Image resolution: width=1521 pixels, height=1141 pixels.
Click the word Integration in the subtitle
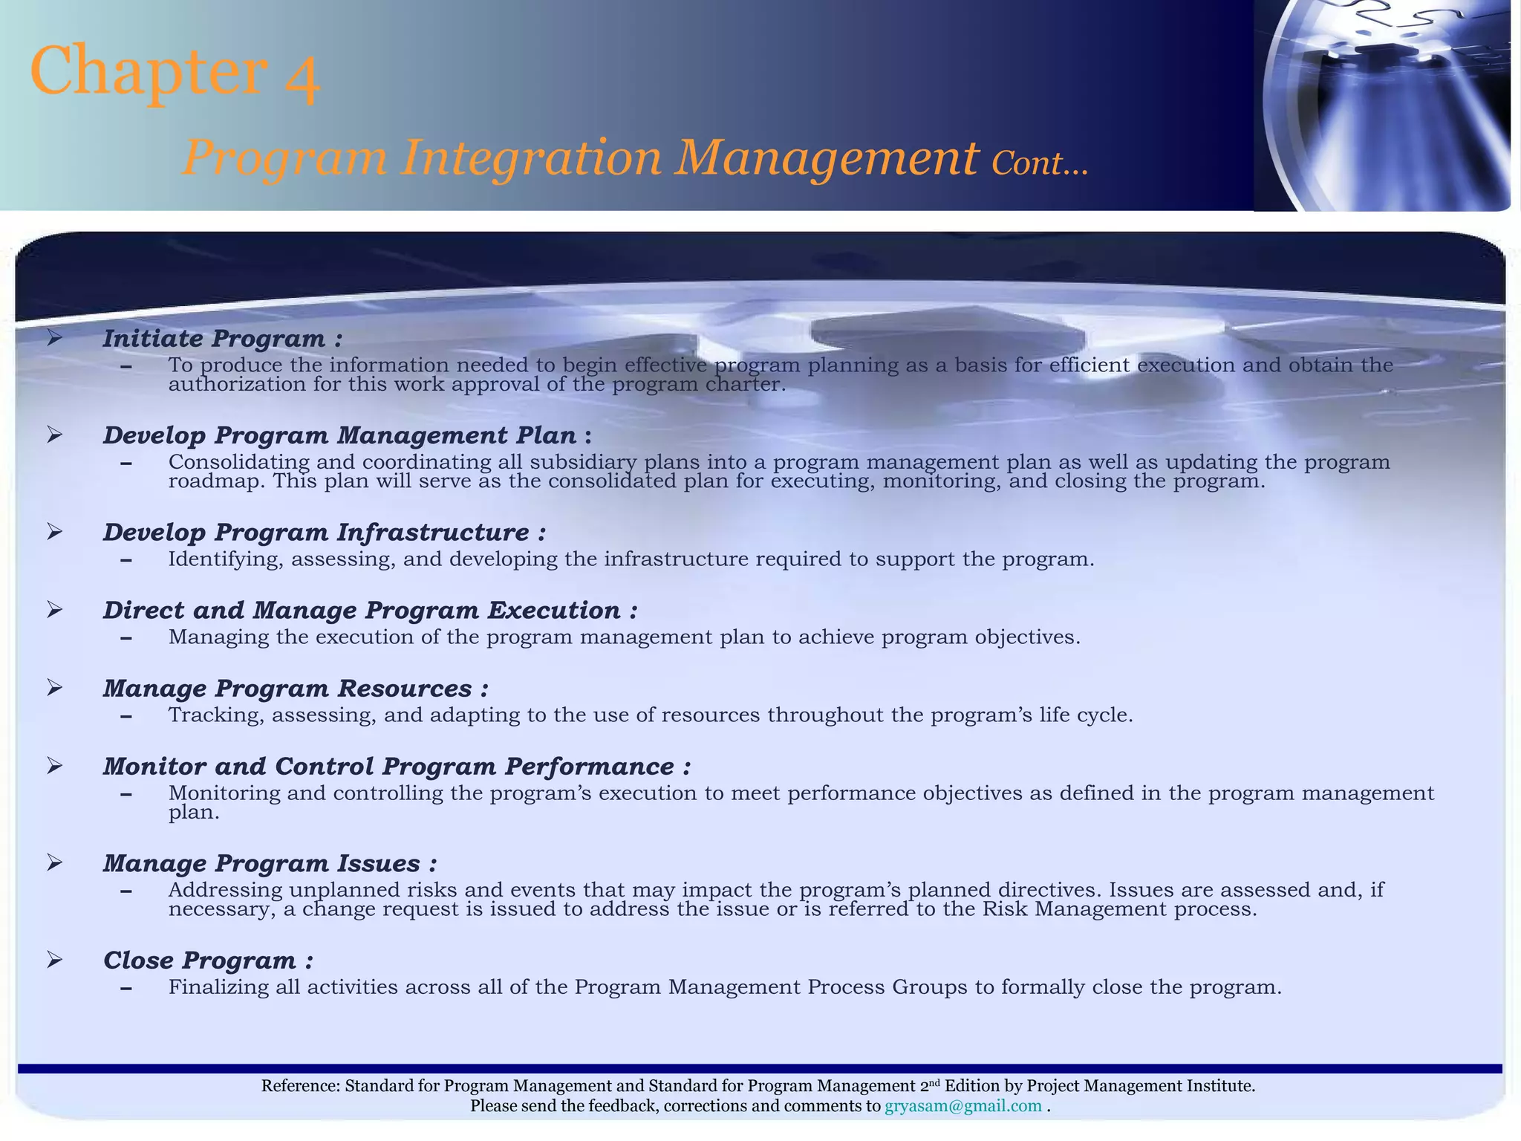[530, 158]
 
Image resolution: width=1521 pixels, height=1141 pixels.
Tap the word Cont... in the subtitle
[1039, 163]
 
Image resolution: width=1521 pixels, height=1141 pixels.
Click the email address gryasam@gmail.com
[963, 1106]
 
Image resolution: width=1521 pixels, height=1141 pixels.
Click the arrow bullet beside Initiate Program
[54, 339]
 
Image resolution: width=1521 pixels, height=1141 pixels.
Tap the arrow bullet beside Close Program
[54, 960]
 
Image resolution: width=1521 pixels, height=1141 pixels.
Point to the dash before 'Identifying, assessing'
[126, 560]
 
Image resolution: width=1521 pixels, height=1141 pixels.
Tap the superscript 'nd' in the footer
[935, 1083]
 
